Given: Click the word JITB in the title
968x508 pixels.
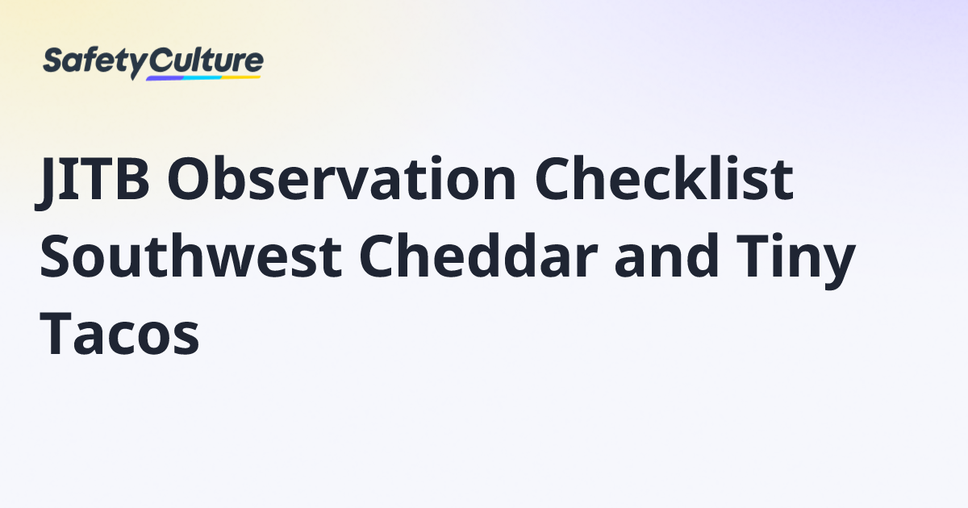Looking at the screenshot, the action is pyautogui.click(x=93, y=181).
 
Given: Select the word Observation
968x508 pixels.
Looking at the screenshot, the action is pyautogui.click(x=342, y=178).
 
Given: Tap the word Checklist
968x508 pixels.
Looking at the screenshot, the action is pyautogui.click(x=664, y=178).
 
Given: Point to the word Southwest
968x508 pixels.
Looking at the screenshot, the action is pyautogui.click(x=191, y=256).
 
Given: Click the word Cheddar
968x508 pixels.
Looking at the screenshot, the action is pyautogui.click(x=478, y=256).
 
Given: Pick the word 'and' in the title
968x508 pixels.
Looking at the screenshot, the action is pyautogui.click(x=666, y=256).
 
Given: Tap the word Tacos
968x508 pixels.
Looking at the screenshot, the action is pyautogui.click(x=119, y=332).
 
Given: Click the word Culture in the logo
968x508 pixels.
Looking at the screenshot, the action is pyautogui.click(x=207, y=61).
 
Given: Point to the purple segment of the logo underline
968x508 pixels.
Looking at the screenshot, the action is pyautogui.click(x=165, y=78).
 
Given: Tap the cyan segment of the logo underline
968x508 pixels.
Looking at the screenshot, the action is pyautogui.click(x=202, y=77).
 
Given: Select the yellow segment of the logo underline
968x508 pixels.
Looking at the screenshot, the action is pyautogui.click(x=241, y=77).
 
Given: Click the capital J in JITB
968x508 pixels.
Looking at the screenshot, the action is pyautogui.click(x=48, y=185).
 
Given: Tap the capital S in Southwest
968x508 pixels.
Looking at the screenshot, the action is pyautogui.click(x=56, y=256).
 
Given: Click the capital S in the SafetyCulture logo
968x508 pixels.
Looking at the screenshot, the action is pyautogui.click(x=54, y=60).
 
